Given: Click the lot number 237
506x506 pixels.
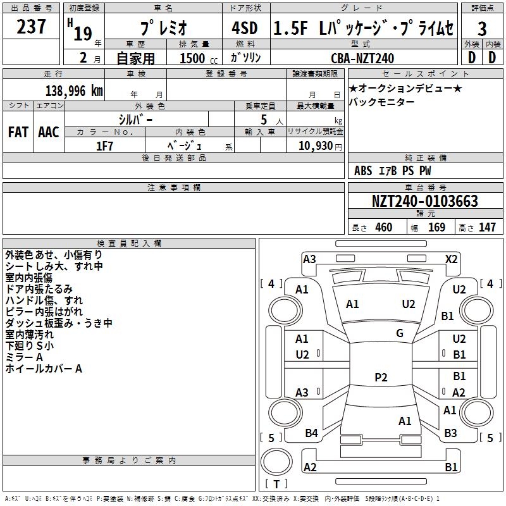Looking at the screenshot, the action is click(x=31, y=27).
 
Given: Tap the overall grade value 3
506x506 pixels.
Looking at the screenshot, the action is click(x=482, y=28).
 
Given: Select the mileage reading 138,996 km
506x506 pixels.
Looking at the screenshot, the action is click(x=74, y=91).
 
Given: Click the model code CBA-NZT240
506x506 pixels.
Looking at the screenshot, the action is click(x=362, y=58).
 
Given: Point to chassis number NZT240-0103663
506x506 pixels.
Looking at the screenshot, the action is click(x=425, y=201).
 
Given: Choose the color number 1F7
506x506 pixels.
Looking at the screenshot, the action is click(x=104, y=146).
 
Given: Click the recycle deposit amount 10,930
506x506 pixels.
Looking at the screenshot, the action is click(x=316, y=146).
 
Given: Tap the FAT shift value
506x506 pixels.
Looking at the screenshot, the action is click(x=18, y=132).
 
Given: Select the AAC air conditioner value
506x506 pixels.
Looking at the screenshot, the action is click(x=49, y=132).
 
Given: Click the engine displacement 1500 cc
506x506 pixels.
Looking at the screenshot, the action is click(x=199, y=58).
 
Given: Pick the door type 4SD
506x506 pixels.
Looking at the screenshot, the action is click(x=245, y=28).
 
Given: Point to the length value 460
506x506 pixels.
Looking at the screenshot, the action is click(x=384, y=227).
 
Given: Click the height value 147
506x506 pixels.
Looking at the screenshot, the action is click(x=487, y=227).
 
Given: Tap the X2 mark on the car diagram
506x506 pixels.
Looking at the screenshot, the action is click(x=451, y=259).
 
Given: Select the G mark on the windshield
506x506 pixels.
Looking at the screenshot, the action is click(x=400, y=333).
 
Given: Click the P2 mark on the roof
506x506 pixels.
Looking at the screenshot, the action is click(x=381, y=377).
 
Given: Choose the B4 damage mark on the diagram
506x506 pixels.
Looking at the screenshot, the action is click(x=311, y=433).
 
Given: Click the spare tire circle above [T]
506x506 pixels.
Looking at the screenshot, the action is click(x=276, y=462).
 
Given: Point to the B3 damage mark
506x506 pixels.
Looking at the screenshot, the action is click(x=450, y=433).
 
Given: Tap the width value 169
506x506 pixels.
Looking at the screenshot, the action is click(x=436, y=227).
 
